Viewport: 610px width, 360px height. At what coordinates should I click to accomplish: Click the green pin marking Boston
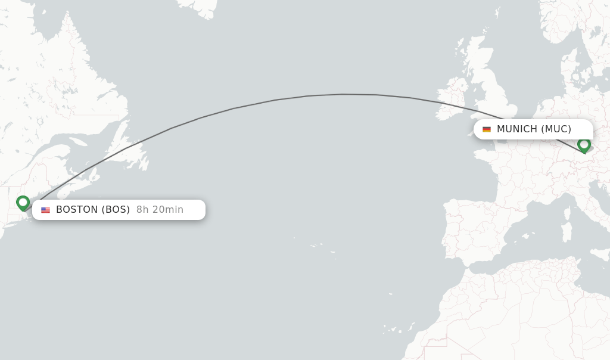pos(23,203)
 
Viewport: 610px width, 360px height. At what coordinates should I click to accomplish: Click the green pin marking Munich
pos(584,144)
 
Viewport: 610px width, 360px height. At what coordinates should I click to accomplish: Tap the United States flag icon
pos(45,210)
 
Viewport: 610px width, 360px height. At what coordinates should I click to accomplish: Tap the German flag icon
pos(487,129)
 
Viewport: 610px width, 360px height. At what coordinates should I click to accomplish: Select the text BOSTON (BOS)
pos(93,210)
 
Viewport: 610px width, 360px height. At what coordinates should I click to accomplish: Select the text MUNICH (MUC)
pos(534,129)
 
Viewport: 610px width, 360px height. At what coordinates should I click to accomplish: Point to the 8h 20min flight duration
pos(160,210)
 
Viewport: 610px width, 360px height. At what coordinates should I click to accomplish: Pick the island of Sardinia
pos(567,231)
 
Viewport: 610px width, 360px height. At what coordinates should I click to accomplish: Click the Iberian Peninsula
pos(471,226)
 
